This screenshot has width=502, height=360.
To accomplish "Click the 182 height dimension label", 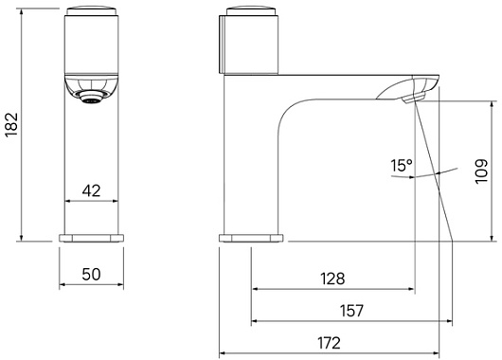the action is point(12,124).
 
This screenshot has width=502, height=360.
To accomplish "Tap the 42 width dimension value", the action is point(91,190).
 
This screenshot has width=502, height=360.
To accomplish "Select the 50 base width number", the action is point(91,274).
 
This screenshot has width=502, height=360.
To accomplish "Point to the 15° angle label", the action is point(402,165).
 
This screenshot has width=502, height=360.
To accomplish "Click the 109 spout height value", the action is point(481,171).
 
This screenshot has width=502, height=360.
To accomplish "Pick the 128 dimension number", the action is point(333,279).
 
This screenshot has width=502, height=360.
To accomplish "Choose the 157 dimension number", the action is point(351,311).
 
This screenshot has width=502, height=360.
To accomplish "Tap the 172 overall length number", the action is point(329,343).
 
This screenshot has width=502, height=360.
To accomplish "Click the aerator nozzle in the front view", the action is point(92,97).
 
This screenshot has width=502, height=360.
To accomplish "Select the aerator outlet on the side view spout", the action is point(413,98).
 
